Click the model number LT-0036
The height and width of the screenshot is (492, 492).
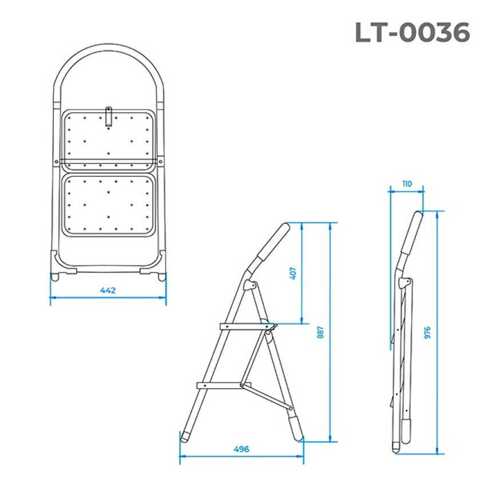[412, 32]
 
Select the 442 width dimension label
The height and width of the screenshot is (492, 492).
[108, 291]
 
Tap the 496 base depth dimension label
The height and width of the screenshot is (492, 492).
[241, 449]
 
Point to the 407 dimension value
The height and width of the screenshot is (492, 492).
[293, 273]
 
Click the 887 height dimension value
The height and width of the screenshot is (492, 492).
[320, 332]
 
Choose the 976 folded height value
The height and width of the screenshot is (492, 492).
[427, 332]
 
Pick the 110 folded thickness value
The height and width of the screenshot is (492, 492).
[407, 184]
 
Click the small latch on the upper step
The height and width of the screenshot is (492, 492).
[108, 118]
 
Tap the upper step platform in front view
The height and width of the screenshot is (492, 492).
[108, 141]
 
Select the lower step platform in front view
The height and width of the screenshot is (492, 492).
[108, 205]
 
